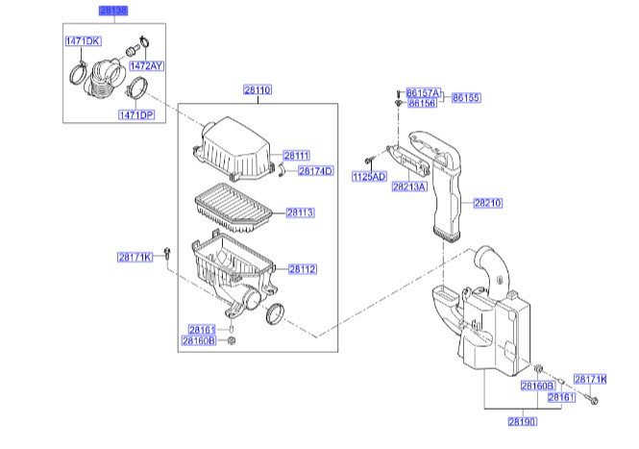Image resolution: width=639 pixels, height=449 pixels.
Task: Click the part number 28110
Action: tap(258, 89)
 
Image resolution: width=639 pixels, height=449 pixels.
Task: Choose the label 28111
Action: tap(297, 155)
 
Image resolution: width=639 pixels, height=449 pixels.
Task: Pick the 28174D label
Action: tap(314, 171)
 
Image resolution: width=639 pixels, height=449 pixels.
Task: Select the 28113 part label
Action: tap(301, 212)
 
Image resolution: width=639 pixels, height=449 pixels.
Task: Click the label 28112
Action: tap(302, 270)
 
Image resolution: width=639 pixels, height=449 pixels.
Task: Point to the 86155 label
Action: tap(466, 98)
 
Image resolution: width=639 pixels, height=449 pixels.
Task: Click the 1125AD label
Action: tap(368, 177)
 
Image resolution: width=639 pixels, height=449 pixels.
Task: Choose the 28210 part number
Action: tap(487, 204)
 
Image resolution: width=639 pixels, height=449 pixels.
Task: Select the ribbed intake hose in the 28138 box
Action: tap(103, 77)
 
